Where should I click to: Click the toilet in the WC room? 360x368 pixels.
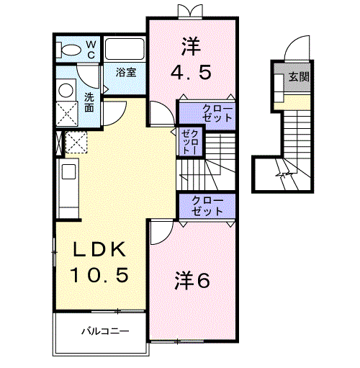pyautogui.click(x=71, y=50)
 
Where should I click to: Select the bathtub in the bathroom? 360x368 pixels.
pyautogui.click(x=126, y=50)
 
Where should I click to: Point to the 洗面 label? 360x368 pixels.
pyautogui.click(x=89, y=102)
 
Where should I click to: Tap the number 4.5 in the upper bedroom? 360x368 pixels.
pyautogui.click(x=191, y=73)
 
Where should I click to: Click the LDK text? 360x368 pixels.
pyautogui.click(x=99, y=250)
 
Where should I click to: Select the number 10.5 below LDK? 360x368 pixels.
pyautogui.click(x=99, y=274)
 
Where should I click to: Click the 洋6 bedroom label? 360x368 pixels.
pyautogui.click(x=192, y=281)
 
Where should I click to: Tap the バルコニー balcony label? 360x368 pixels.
pyautogui.click(x=104, y=333)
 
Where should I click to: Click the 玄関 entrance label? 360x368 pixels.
pyautogui.click(x=299, y=76)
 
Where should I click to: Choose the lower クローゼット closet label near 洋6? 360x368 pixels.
pyautogui.click(x=207, y=205)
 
